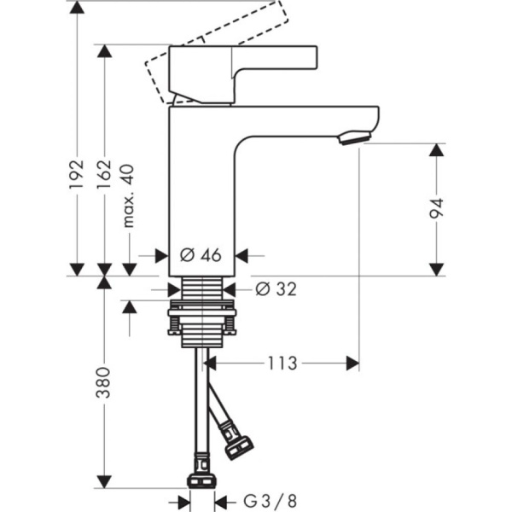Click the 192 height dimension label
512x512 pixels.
click(78, 173)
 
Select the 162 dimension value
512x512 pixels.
click(104, 173)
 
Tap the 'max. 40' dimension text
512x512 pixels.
click(129, 196)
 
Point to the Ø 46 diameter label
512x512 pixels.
click(201, 254)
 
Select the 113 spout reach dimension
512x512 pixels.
click(281, 364)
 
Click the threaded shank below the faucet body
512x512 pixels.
click(202, 290)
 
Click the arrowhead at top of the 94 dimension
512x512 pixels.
click(437, 151)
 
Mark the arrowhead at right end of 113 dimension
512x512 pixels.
click(352, 364)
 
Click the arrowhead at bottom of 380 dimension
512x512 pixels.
click(104, 480)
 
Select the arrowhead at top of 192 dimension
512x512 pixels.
click(78, 9)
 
